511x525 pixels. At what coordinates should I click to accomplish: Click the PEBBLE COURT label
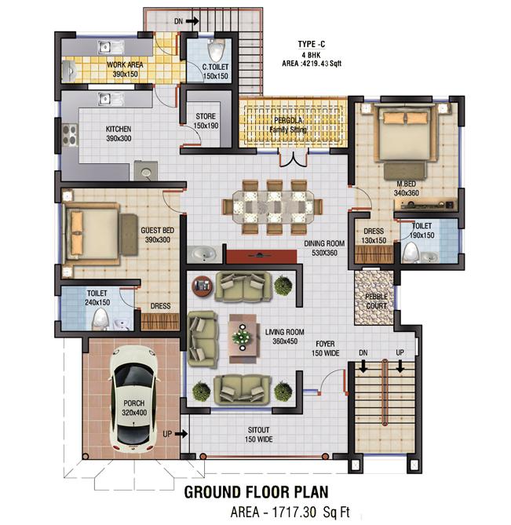372,301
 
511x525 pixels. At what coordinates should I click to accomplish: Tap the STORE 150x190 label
206,121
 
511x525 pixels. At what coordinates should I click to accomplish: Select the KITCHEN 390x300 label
119,133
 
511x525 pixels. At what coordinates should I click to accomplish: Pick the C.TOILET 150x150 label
214,71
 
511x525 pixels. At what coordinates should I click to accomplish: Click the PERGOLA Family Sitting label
288,125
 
